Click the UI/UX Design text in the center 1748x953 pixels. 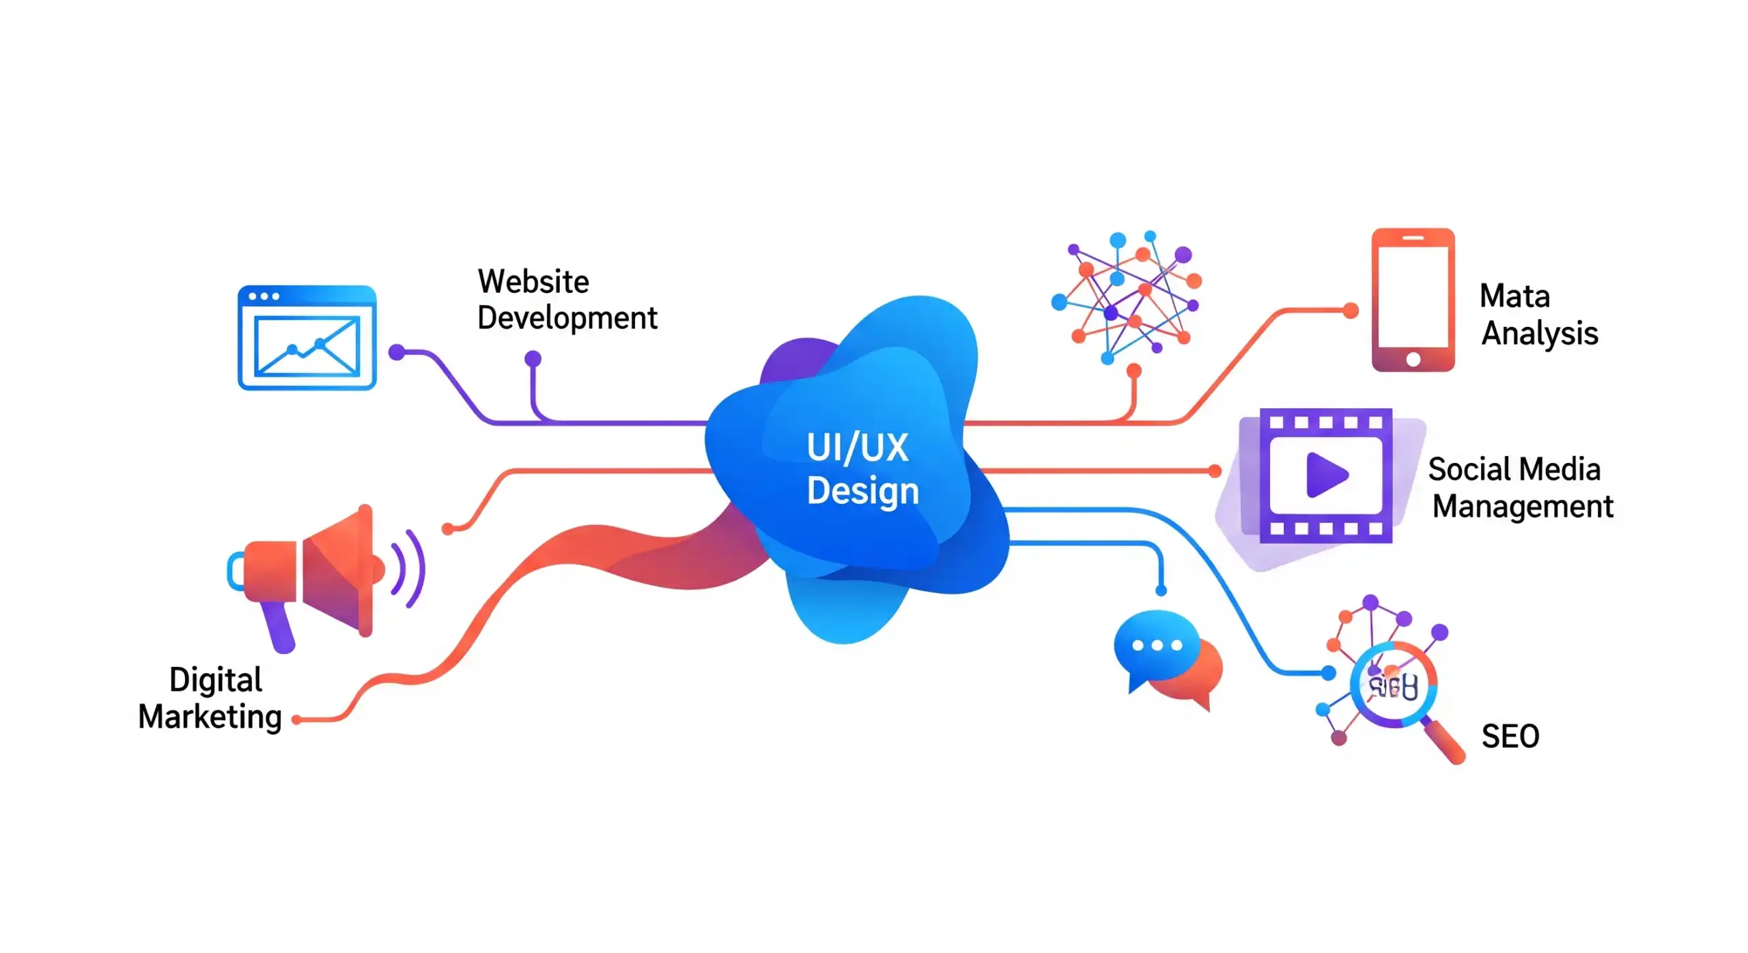(862, 469)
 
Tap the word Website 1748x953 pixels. (533, 281)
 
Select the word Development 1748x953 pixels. (567, 318)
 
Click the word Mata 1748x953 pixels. (1514, 296)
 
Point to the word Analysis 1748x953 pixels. (1539, 334)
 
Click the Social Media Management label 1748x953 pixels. (1520, 487)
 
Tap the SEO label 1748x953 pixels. (1510, 737)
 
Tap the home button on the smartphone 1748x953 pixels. (1413, 359)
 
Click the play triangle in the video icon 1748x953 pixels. (1326, 475)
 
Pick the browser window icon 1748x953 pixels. (307, 338)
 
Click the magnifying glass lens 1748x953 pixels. (1393, 685)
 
